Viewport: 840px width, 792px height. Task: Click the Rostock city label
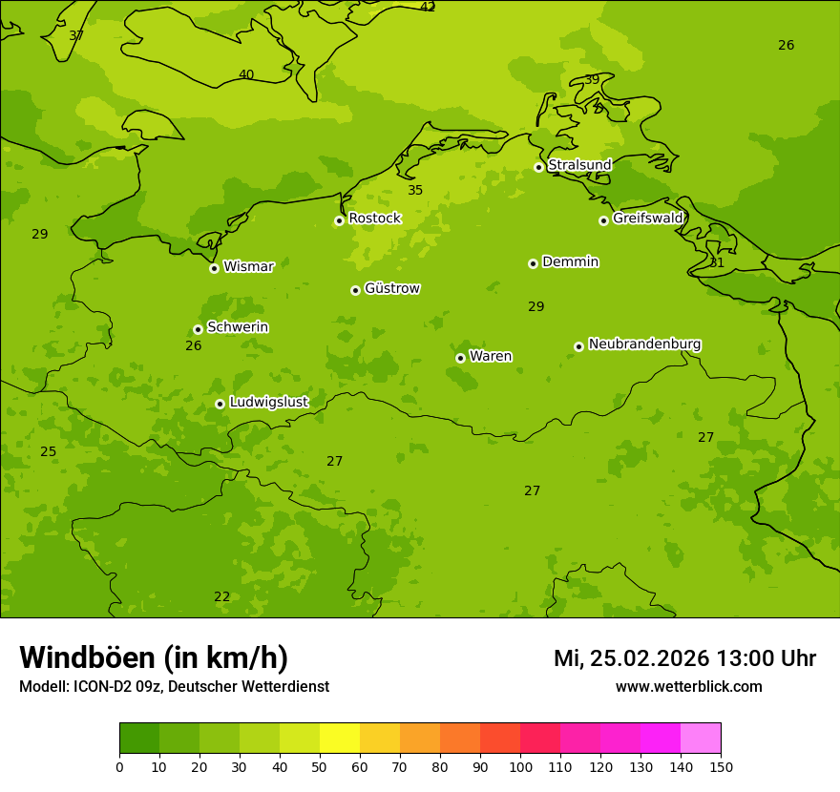374,219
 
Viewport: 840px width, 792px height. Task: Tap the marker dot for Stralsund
538,167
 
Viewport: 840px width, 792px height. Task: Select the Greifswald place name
647,219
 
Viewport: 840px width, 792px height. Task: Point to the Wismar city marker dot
214,268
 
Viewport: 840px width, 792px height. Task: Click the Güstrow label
391,288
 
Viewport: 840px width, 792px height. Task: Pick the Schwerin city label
237,327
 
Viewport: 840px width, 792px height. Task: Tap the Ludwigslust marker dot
220,404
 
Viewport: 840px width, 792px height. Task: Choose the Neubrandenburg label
644,344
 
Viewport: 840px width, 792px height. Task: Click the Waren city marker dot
460,358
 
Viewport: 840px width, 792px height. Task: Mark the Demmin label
570,261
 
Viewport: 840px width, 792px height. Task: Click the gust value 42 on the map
428,8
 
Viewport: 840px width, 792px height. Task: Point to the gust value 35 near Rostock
415,191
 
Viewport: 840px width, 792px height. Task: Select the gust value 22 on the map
221,597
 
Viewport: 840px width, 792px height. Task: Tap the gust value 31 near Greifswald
717,263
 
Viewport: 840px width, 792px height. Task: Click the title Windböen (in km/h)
154,657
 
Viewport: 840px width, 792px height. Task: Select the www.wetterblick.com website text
688,687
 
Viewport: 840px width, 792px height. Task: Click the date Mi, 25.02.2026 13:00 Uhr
684,658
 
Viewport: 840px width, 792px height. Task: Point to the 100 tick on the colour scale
520,767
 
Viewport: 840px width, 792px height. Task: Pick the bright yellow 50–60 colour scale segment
340,739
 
